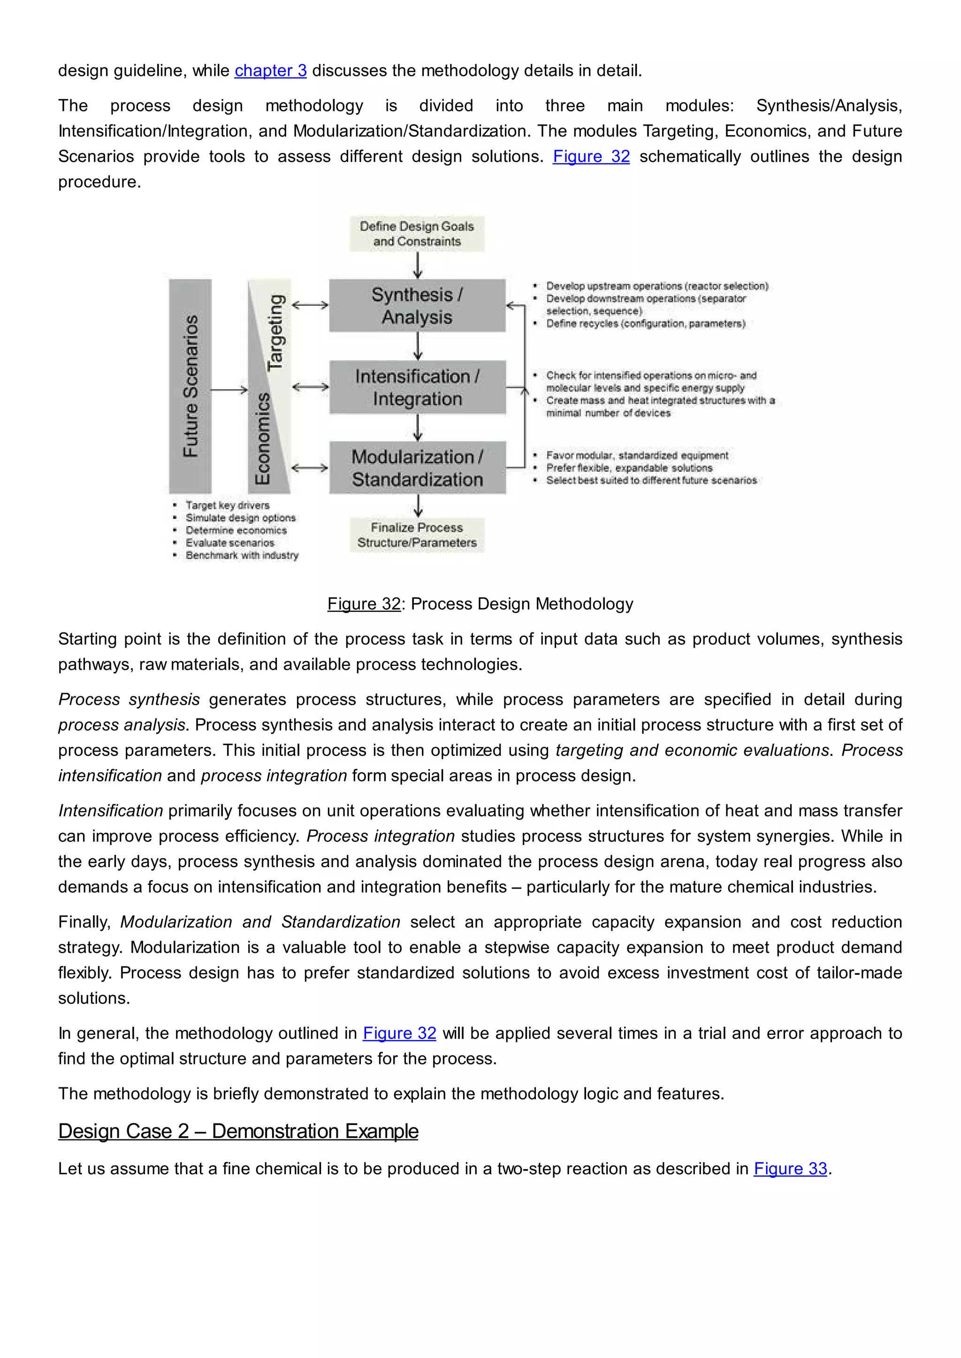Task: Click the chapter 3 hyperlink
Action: pos(270,71)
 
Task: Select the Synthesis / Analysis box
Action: pos(417,306)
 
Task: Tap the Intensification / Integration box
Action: pos(417,387)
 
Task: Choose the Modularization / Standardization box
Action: pos(417,468)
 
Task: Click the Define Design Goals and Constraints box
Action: pos(417,234)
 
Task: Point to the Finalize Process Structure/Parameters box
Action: pos(417,535)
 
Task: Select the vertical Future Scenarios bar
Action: pos(190,386)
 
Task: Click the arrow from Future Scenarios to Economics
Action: pos(229,389)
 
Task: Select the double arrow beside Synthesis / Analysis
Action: pos(310,305)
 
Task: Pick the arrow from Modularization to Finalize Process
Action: pos(418,505)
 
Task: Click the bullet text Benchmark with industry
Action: pos(242,555)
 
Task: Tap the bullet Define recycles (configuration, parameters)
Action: pos(645,324)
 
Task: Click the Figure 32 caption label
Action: pos(364,604)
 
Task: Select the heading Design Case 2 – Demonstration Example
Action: pos(238,1132)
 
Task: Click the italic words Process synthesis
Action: pos(129,700)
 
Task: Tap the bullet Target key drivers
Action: pos(227,505)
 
